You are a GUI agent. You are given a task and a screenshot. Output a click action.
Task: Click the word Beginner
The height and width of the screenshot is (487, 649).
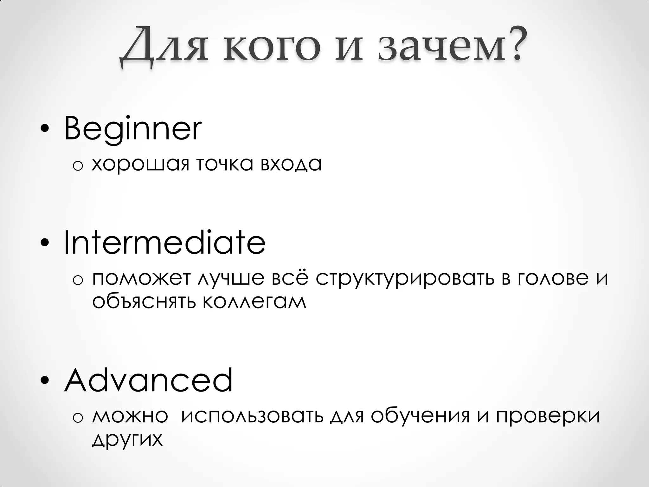point(133,129)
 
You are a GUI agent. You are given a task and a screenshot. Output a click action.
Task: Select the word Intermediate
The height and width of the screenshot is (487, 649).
point(164,243)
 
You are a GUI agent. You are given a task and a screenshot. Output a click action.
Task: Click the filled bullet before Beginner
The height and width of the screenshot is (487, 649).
point(45,130)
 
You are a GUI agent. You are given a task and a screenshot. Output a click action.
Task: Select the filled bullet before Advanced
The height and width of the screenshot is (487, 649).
point(45,380)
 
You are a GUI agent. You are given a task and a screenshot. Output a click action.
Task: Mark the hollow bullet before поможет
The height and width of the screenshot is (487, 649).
point(78,279)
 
